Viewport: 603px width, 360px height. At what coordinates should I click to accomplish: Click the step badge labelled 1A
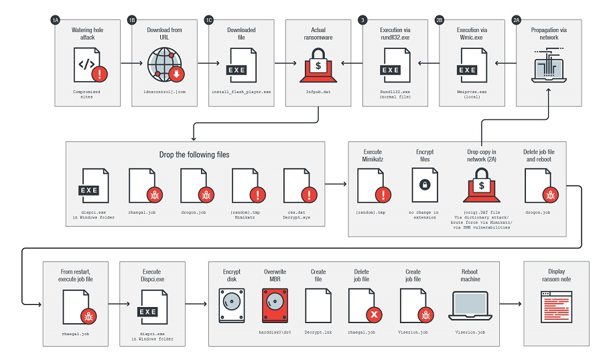click(x=56, y=21)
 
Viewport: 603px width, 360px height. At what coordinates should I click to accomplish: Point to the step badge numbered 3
click(x=362, y=21)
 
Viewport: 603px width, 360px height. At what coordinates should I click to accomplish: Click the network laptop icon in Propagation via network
click(x=547, y=67)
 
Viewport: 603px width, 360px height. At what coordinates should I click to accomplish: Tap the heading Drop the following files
click(x=195, y=155)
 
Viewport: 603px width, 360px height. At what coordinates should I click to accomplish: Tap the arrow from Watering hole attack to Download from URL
click(x=125, y=64)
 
